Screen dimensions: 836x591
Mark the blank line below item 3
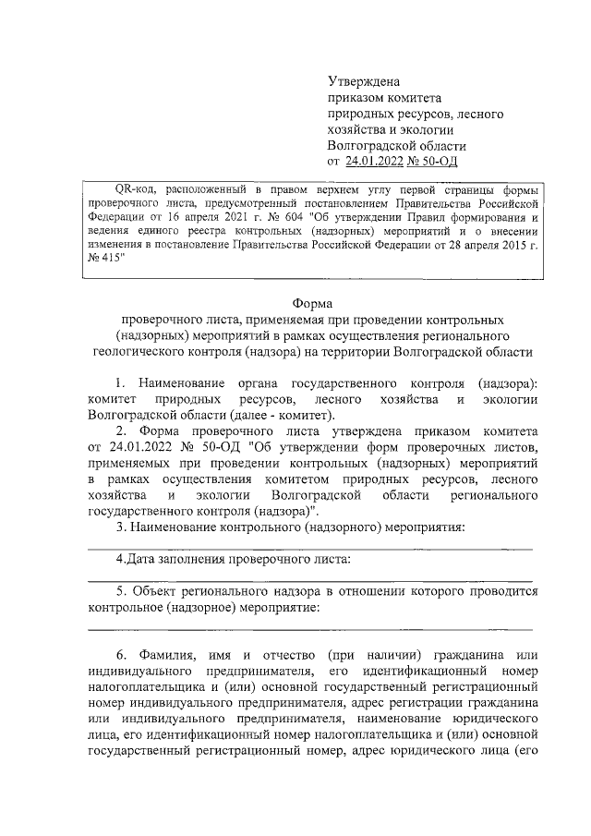coord(309,548)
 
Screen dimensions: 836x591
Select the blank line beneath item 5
coord(309,626)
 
